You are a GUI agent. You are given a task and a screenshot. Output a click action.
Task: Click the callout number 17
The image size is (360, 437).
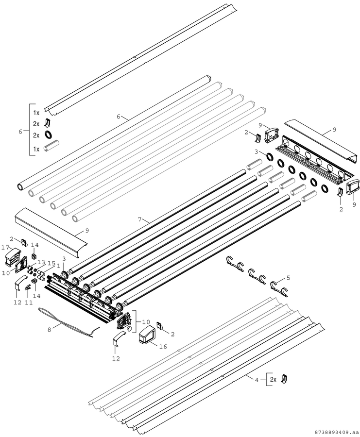5,247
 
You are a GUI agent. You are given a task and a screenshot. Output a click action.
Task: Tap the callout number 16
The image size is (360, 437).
163,346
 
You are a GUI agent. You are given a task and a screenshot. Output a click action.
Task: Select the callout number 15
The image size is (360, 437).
51,263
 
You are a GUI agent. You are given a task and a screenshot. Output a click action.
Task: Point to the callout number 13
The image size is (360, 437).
41,262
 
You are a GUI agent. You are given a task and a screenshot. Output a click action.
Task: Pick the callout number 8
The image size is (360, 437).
49,329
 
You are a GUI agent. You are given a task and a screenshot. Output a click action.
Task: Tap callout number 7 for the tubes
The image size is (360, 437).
140,219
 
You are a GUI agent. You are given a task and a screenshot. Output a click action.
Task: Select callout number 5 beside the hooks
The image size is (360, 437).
288,278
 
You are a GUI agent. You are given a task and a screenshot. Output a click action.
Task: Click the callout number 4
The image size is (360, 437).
257,379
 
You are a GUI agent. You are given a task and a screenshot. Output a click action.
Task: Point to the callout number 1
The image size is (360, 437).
59,266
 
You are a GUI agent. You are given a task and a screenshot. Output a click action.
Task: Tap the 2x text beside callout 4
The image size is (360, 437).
273,379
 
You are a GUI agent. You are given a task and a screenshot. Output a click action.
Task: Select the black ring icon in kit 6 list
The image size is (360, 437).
49,135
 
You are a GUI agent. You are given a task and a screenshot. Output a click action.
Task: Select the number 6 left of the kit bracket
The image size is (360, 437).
20,132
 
